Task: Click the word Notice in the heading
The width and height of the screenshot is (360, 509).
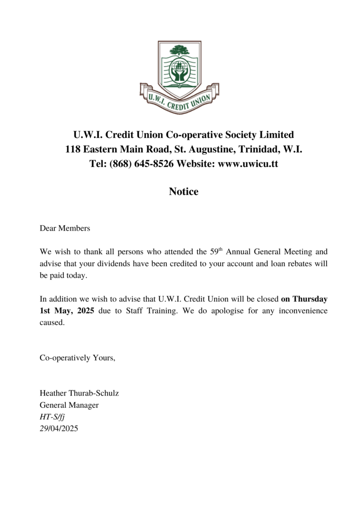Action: coord(184,192)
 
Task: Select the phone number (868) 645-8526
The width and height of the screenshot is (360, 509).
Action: coord(140,164)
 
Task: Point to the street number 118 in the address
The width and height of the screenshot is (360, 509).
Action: coord(73,150)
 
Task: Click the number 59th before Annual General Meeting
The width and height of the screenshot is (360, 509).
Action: coord(216,252)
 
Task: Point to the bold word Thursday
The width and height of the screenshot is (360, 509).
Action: coord(310,298)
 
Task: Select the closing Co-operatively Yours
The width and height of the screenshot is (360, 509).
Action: coord(77,358)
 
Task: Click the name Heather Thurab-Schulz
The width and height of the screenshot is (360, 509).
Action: coord(79,393)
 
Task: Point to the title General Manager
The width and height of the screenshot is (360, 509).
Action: coord(69,405)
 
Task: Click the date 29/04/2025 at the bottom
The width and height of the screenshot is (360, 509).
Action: coord(59,428)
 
